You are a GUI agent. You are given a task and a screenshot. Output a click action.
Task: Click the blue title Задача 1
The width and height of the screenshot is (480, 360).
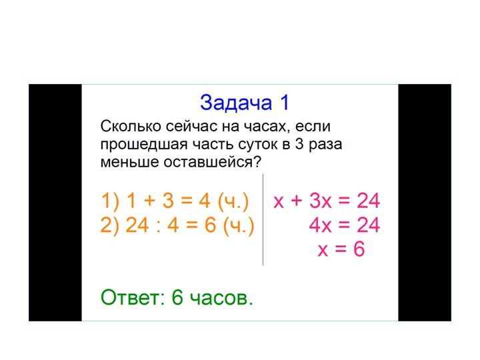245,103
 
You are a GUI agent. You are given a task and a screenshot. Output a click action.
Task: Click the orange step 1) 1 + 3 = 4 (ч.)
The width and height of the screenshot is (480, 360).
175,201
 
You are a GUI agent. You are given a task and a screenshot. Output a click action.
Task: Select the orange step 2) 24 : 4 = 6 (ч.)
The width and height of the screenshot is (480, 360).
178,226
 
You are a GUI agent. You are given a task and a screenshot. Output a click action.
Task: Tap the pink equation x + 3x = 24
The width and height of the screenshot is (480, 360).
327,201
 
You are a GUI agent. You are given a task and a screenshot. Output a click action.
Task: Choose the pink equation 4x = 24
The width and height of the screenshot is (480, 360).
344,226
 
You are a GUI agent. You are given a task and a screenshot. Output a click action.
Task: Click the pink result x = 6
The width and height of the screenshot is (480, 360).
341,250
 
